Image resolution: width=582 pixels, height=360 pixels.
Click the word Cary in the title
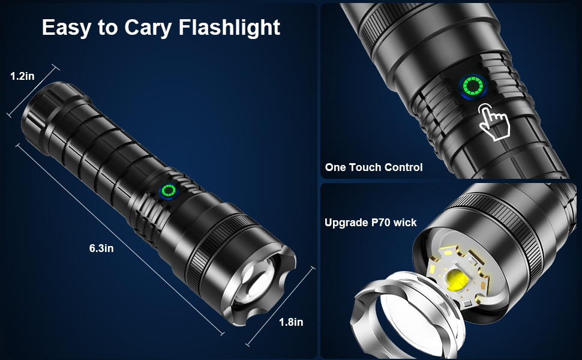click(x=148, y=28)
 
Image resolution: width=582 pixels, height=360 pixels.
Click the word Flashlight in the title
click(x=229, y=27)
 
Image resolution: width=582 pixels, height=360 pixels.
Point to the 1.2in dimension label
click(x=22, y=76)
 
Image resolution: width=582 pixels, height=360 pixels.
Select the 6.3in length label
click(x=101, y=248)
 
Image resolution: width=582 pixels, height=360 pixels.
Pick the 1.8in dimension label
click(x=291, y=322)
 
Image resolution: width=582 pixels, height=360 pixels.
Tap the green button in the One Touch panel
click(x=473, y=87)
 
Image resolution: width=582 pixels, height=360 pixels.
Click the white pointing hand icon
click(x=494, y=121)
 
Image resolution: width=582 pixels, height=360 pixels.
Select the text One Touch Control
click(x=374, y=167)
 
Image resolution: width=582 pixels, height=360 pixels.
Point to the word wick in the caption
click(x=405, y=223)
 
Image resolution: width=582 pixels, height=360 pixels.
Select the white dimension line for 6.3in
click(x=119, y=240)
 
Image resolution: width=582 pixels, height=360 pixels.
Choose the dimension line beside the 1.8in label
click(x=281, y=307)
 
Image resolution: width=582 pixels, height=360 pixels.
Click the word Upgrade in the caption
click(x=346, y=223)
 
